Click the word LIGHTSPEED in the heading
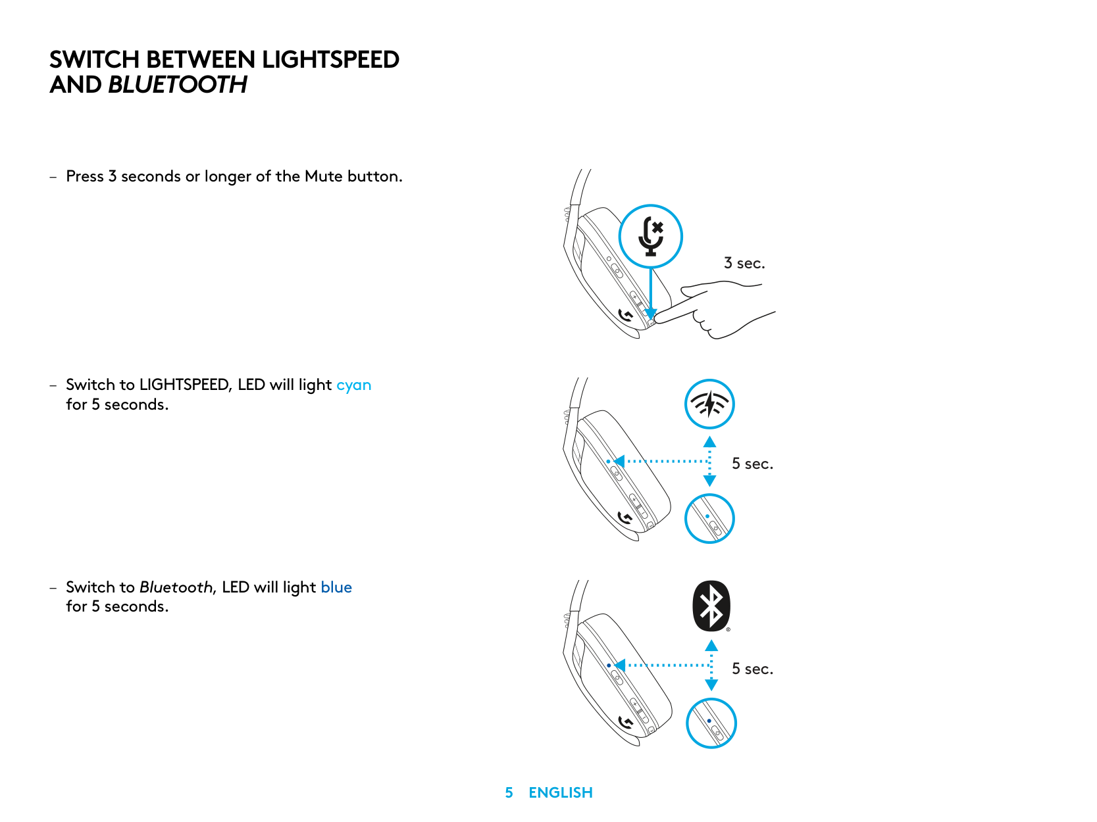pos(330,60)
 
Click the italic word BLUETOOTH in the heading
pos(178,85)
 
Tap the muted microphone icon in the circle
pos(651,236)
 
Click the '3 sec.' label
pos(744,263)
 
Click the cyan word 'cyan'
pos(353,385)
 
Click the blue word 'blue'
pos(336,587)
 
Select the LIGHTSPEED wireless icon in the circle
pos(709,404)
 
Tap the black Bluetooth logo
pos(711,606)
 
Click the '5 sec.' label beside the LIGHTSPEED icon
pos(752,464)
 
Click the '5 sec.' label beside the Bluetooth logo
pos(752,669)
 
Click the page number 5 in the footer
pos(509,793)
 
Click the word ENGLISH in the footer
pos(561,793)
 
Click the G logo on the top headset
pos(626,316)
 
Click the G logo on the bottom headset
pos(626,723)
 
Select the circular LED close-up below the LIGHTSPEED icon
pos(709,519)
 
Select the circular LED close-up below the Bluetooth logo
pos(711,723)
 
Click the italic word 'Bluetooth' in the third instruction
pos(176,587)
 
